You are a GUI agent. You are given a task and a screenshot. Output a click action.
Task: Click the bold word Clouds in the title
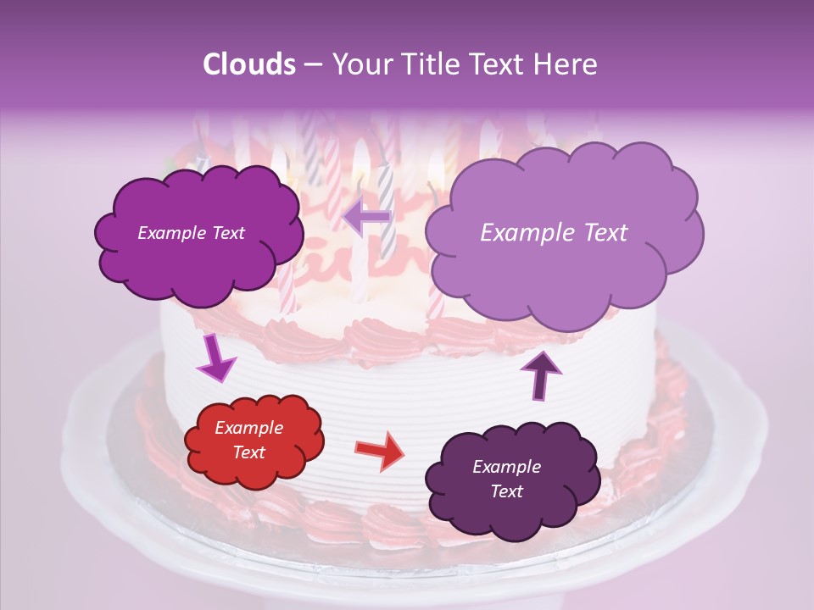[248, 64]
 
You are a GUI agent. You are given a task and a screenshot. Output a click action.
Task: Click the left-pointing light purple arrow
[366, 216]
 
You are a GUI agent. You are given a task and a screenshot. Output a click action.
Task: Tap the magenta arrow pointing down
[215, 359]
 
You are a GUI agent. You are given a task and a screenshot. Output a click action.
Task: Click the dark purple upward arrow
[540, 374]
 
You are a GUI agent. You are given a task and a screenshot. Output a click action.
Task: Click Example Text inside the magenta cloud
[191, 233]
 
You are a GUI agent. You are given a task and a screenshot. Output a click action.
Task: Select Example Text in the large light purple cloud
[554, 233]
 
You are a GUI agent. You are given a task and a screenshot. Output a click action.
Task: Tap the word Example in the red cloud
[248, 428]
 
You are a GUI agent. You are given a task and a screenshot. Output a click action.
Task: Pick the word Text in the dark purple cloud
[506, 491]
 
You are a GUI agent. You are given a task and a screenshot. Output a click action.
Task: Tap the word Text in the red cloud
[248, 452]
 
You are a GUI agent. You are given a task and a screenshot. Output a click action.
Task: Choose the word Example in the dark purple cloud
[506, 467]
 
